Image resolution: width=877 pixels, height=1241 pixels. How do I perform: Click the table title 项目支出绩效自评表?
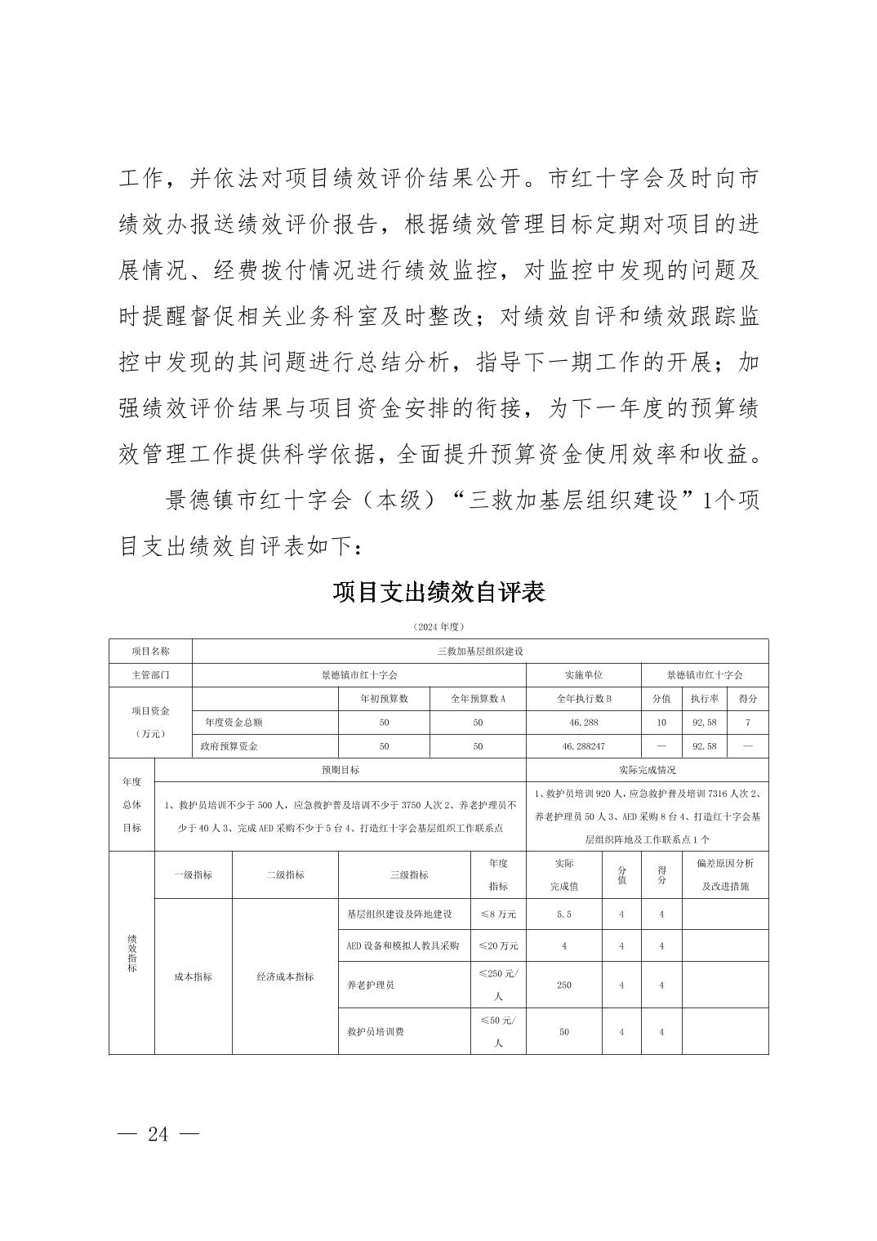pyautogui.click(x=438, y=592)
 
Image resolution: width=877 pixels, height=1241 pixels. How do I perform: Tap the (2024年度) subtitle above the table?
pyautogui.click(x=438, y=627)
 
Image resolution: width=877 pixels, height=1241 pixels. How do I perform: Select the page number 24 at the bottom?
pyautogui.click(x=158, y=1134)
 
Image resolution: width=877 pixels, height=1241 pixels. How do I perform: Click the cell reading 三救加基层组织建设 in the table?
pyautogui.click(x=479, y=652)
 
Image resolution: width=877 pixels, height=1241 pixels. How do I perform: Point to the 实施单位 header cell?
pyautogui.click(x=583, y=675)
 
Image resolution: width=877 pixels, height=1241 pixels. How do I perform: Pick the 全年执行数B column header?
pyautogui.click(x=583, y=699)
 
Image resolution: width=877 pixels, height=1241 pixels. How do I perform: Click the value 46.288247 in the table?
pyautogui.click(x=583, y=746)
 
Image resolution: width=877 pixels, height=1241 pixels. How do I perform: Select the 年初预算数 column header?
pyautogui.click(x=384, y=699)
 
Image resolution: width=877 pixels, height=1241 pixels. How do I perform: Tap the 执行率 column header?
pyautogui.click(x=703, y=699)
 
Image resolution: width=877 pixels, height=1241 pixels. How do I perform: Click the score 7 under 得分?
pyautogui.click(x=747, y=723)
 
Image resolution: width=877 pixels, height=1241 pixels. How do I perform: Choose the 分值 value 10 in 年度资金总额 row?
pyautogui.click(x=661, y=723)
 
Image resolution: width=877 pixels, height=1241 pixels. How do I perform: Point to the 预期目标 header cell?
pyautogui.click(x=341, y=770)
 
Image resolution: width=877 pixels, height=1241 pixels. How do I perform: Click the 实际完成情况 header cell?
pyautogui.click(x=647, y=770)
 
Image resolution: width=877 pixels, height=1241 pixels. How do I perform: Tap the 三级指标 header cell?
pyautogui.click(x=408, y=874)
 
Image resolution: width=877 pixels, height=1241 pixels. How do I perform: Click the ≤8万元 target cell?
pyautogui.click(x=498, y=914)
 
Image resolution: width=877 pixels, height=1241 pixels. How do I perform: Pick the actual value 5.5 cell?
pyautogui.click(x=564, y=914)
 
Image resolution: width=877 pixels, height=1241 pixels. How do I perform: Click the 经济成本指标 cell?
pyautogui.click(x=285, y=976)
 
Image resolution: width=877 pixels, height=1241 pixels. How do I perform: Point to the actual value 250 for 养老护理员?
pyautogui.click(x=564, y=985)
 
